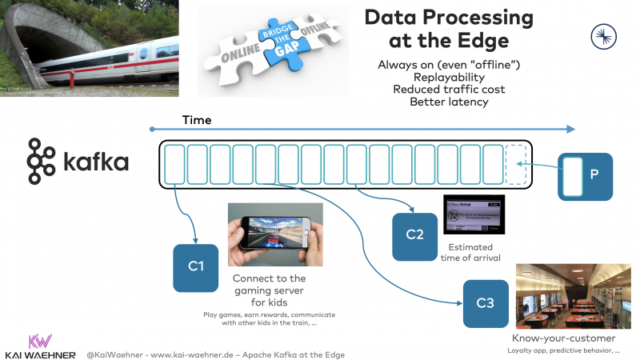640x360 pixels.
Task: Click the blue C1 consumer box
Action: (196, 267)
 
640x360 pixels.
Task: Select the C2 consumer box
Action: (414, 237)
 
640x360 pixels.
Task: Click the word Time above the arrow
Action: (197, 120)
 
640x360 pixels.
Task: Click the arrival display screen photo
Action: (474, 215)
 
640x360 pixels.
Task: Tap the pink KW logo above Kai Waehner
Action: (40, 340)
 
